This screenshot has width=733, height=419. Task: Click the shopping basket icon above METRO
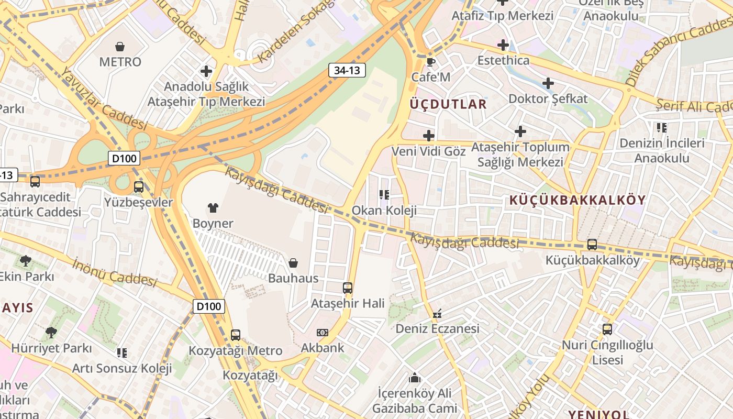(120, 47)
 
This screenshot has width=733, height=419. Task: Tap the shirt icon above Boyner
(213, 208)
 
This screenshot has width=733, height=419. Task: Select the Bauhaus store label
(293, 278)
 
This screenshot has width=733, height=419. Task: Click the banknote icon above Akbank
(323, 333)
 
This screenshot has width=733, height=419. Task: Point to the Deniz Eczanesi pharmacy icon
(437, 314)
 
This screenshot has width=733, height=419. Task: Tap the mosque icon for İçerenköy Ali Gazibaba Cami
(415, 378)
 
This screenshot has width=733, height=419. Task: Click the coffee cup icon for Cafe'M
(430, 62)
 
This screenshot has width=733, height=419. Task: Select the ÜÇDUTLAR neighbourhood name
(448, 104)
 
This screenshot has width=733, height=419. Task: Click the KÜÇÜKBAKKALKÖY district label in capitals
(577, 200)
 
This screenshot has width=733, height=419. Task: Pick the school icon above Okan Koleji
(384, 195)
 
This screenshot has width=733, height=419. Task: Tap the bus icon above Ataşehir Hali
(348, 288)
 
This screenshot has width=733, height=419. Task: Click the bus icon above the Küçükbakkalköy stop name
(592, 245)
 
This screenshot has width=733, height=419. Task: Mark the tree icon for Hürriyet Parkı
(51, 332)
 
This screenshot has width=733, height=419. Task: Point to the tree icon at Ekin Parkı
(25, 260)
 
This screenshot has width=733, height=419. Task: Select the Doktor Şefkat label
(548, 98)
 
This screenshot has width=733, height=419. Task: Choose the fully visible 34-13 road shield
(347, 70)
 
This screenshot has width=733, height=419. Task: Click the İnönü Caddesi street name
(115, 272)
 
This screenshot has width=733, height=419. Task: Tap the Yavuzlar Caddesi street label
(104, 99)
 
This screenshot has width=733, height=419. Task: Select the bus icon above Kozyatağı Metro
(236, 335)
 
